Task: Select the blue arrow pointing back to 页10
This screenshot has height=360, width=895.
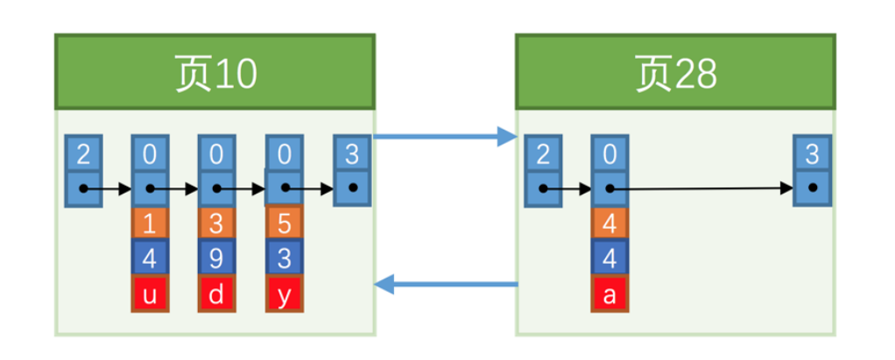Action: coord(445,284)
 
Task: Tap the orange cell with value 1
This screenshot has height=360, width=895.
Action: coord(150,223)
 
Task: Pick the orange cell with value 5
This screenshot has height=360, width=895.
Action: coord(284,223)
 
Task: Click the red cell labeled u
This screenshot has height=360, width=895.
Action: coord(150,293)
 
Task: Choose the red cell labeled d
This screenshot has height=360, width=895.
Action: coord(217,293)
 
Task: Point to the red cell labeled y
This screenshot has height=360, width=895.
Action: coord(284,293)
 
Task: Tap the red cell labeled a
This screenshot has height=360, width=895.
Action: coord(610,293)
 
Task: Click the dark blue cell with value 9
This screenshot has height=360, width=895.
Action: coord(217,258)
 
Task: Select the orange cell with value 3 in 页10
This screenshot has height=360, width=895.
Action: coord(217,223)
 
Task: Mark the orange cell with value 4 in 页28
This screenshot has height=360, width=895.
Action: coord(610,223)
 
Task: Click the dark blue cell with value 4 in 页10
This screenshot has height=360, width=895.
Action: coord(150,258)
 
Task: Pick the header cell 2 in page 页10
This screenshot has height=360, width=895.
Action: coord(83,155)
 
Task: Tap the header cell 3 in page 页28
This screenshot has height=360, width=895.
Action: coord(812,155)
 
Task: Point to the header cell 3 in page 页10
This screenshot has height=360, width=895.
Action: coord(352,155)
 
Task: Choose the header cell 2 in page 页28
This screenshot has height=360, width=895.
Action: coord(543,155)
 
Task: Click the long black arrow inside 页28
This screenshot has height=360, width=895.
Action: coord(701,188)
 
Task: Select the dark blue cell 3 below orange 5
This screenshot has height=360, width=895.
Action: coord(284,258)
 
